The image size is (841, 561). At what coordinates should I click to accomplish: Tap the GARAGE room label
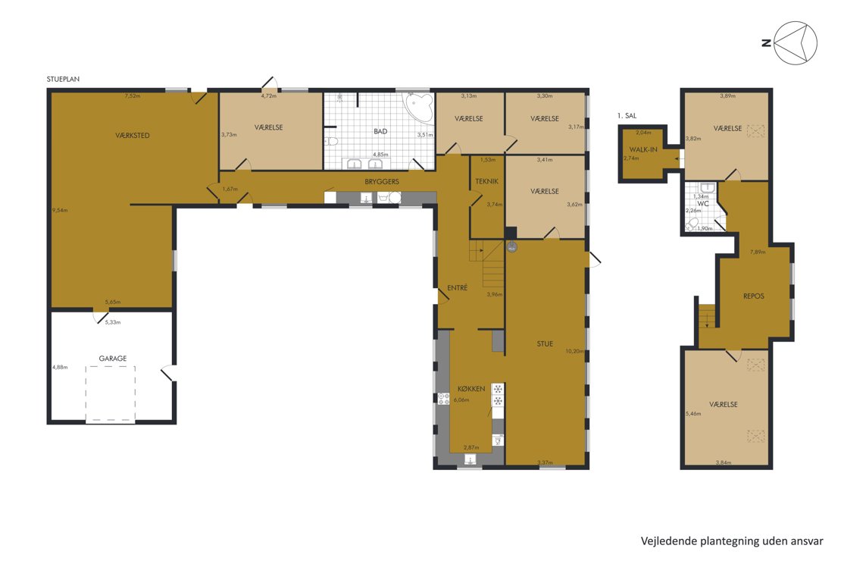tap(113, 358)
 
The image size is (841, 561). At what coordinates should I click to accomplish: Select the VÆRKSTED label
tap(133, 135)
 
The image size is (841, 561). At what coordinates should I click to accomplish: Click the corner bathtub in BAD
tap(420, 107)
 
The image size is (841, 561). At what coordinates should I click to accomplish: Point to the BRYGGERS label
tap(382, 181)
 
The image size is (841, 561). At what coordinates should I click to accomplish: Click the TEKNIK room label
tap(487, 181)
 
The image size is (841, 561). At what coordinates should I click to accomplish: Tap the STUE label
tap(545, 343)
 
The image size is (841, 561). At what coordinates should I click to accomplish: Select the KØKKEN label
tap(471, 389)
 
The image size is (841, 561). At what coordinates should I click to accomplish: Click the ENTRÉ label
tap(458, 288)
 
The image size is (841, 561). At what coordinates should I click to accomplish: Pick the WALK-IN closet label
tap(643, 149)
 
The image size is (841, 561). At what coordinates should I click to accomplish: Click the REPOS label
tap(754, 296)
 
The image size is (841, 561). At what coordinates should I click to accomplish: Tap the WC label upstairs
tap(702, 204)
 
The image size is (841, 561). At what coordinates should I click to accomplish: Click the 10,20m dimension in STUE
tap(574, 351)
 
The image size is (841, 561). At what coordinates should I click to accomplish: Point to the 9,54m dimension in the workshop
tap(60, 210)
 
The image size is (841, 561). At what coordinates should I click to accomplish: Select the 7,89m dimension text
tap(758, 251)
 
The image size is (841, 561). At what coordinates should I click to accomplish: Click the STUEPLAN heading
tap(63, 79)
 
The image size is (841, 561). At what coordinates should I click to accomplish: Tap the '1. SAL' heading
tap(627, 115)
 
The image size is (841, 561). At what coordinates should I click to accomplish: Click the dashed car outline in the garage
tap(110, 394)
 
